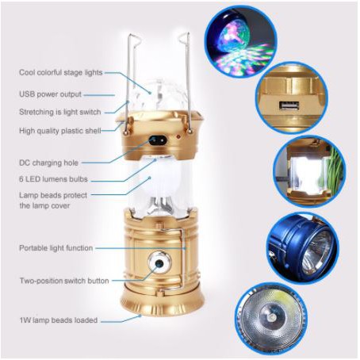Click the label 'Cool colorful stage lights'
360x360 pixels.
click(61, 72)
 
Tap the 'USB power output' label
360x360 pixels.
click(50, 94)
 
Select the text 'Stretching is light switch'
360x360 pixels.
click(60, 112)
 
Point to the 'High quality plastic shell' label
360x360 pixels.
click(60, 131)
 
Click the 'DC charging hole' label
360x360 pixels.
click(48, 163)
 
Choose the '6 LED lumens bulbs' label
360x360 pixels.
click(53, 179)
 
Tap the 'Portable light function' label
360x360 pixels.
click(56, 248)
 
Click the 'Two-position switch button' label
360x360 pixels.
click(64, 281)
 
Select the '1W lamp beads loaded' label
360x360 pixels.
click(59, 320)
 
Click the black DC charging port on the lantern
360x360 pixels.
click(158, 140)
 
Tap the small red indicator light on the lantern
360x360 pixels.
click(178, 137)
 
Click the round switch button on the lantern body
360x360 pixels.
click(159, 263)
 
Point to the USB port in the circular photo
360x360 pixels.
click(289, 105)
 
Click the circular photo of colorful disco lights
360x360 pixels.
click(241, 42)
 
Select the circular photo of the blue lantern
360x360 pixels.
click(301, 248)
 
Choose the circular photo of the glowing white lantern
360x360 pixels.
click(309, 171)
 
